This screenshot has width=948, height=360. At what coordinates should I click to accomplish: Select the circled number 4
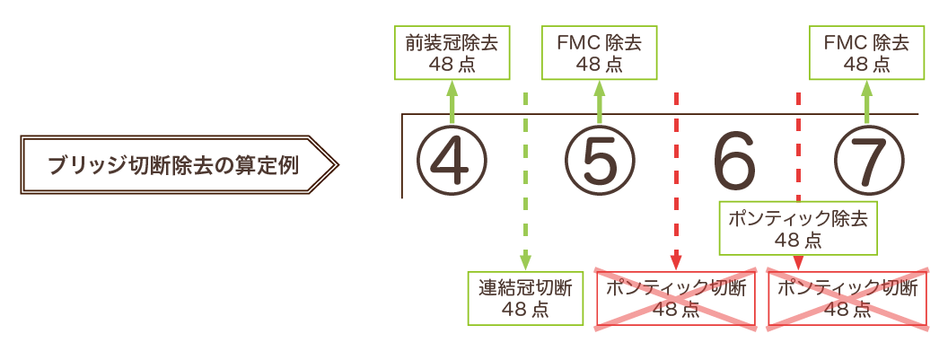[452, 162]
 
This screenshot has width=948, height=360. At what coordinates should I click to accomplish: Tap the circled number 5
[599, 162]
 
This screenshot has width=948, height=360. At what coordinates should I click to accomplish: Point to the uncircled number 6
[733, 162]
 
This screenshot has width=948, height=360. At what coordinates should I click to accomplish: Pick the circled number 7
[866, 162]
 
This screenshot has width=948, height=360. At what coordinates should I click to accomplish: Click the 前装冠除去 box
[452, 52]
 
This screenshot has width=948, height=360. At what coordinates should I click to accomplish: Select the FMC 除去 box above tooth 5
[599, 52]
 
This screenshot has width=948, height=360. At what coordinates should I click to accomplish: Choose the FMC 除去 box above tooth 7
[866, 52]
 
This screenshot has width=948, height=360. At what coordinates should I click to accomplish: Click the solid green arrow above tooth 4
[452, 101]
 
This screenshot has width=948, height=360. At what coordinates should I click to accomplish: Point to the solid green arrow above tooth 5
[599, 101]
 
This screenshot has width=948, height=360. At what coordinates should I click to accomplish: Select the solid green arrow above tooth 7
[866, 101]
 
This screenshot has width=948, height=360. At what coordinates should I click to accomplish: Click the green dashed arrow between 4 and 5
[525, 180]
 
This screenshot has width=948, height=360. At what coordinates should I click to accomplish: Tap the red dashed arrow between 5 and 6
[675, 180]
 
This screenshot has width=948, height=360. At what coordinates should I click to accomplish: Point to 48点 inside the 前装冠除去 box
[452, 64]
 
